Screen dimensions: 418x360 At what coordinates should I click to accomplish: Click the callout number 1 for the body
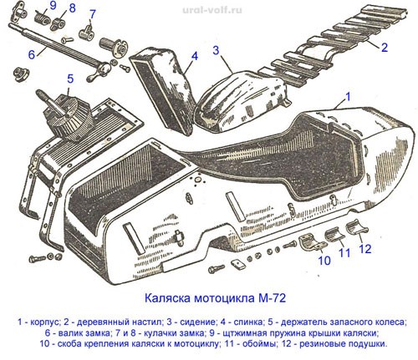tap(347, 97)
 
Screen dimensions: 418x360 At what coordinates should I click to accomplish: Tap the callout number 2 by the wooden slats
tap(385, 48)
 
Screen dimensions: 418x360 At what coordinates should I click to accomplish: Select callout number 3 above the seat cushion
tap(216, 50)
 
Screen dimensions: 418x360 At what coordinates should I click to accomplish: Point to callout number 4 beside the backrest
tap(195, 56)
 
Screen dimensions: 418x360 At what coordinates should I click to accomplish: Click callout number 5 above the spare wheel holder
tap(70, 79)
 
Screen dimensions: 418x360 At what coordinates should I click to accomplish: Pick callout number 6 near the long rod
tap(32, 54)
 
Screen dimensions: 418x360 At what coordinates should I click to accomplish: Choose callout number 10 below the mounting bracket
tap(324, 261)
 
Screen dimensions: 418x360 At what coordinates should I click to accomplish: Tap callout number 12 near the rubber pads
tap(365, 249)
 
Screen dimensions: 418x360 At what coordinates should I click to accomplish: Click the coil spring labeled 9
tap(42, 18)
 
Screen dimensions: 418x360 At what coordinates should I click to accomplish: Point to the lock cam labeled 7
tap(86, 32)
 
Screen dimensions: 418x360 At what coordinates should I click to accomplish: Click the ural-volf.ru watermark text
tap(212, 11)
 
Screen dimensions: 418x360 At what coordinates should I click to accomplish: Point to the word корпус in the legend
tap(45, 322)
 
